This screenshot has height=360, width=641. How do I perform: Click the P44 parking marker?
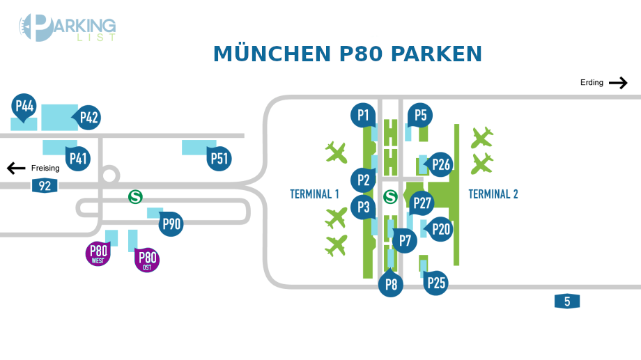[x=24, y=107]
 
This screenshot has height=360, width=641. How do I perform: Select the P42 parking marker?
[x=88, y=117]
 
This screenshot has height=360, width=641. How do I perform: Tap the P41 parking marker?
[x=78, y=159]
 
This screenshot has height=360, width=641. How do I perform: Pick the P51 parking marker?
[x=219, y=159]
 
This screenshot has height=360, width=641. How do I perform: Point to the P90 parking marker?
[x=171, y=224]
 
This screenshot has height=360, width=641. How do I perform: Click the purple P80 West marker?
[x=98, y=253]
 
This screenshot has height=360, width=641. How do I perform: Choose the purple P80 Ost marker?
[x=147, y=260]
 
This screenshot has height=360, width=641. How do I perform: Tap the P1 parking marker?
[x=363, y=116]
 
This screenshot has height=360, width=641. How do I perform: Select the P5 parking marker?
[x=420, y=116]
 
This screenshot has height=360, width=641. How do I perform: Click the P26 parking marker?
[x=441, y=164]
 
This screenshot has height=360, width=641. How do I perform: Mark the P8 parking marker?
[x=391, y=284]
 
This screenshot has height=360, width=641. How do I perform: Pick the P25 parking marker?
[x=436, y=283]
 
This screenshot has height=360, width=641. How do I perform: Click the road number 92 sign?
[x=45, y=186]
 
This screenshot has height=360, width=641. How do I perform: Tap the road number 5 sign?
[x=567, y=302]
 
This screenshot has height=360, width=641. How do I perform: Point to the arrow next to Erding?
[x=618, y=83]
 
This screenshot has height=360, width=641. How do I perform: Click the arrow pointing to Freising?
[x=16, y=168]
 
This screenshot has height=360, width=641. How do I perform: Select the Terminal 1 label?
[x=314, y=194]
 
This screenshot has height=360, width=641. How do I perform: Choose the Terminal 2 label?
[x=493, y=194]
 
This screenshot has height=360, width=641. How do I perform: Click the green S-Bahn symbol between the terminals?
[x=391, y=197]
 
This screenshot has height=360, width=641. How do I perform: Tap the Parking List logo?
[x=68, y=28]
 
